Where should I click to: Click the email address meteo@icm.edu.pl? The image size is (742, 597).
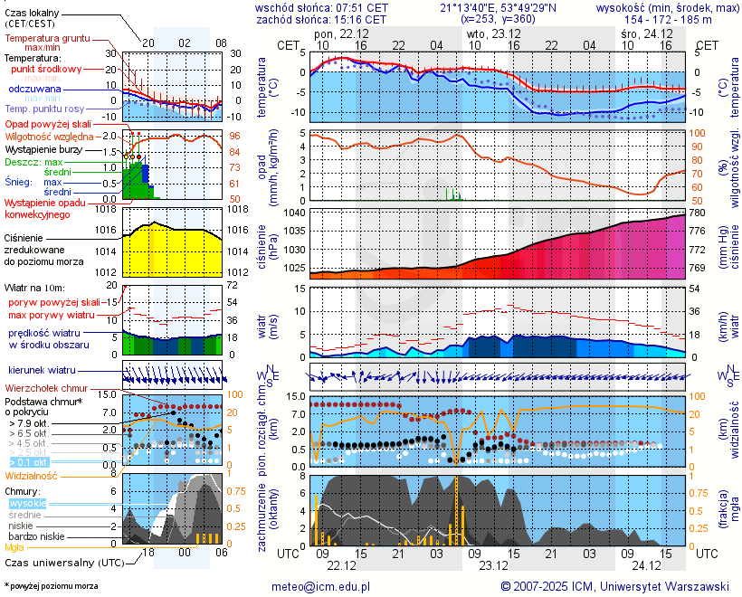[321, 586]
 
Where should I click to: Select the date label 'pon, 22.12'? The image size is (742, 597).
[336, 33]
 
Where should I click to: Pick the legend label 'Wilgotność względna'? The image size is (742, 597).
[50, 136]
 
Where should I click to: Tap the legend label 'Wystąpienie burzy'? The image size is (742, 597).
[46, 148]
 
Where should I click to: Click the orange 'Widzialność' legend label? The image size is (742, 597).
[32, 475]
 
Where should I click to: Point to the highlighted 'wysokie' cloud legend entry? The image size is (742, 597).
[26, 503]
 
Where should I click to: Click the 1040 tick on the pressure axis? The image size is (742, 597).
[291, 213]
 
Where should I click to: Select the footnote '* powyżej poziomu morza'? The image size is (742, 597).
[51, 586]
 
